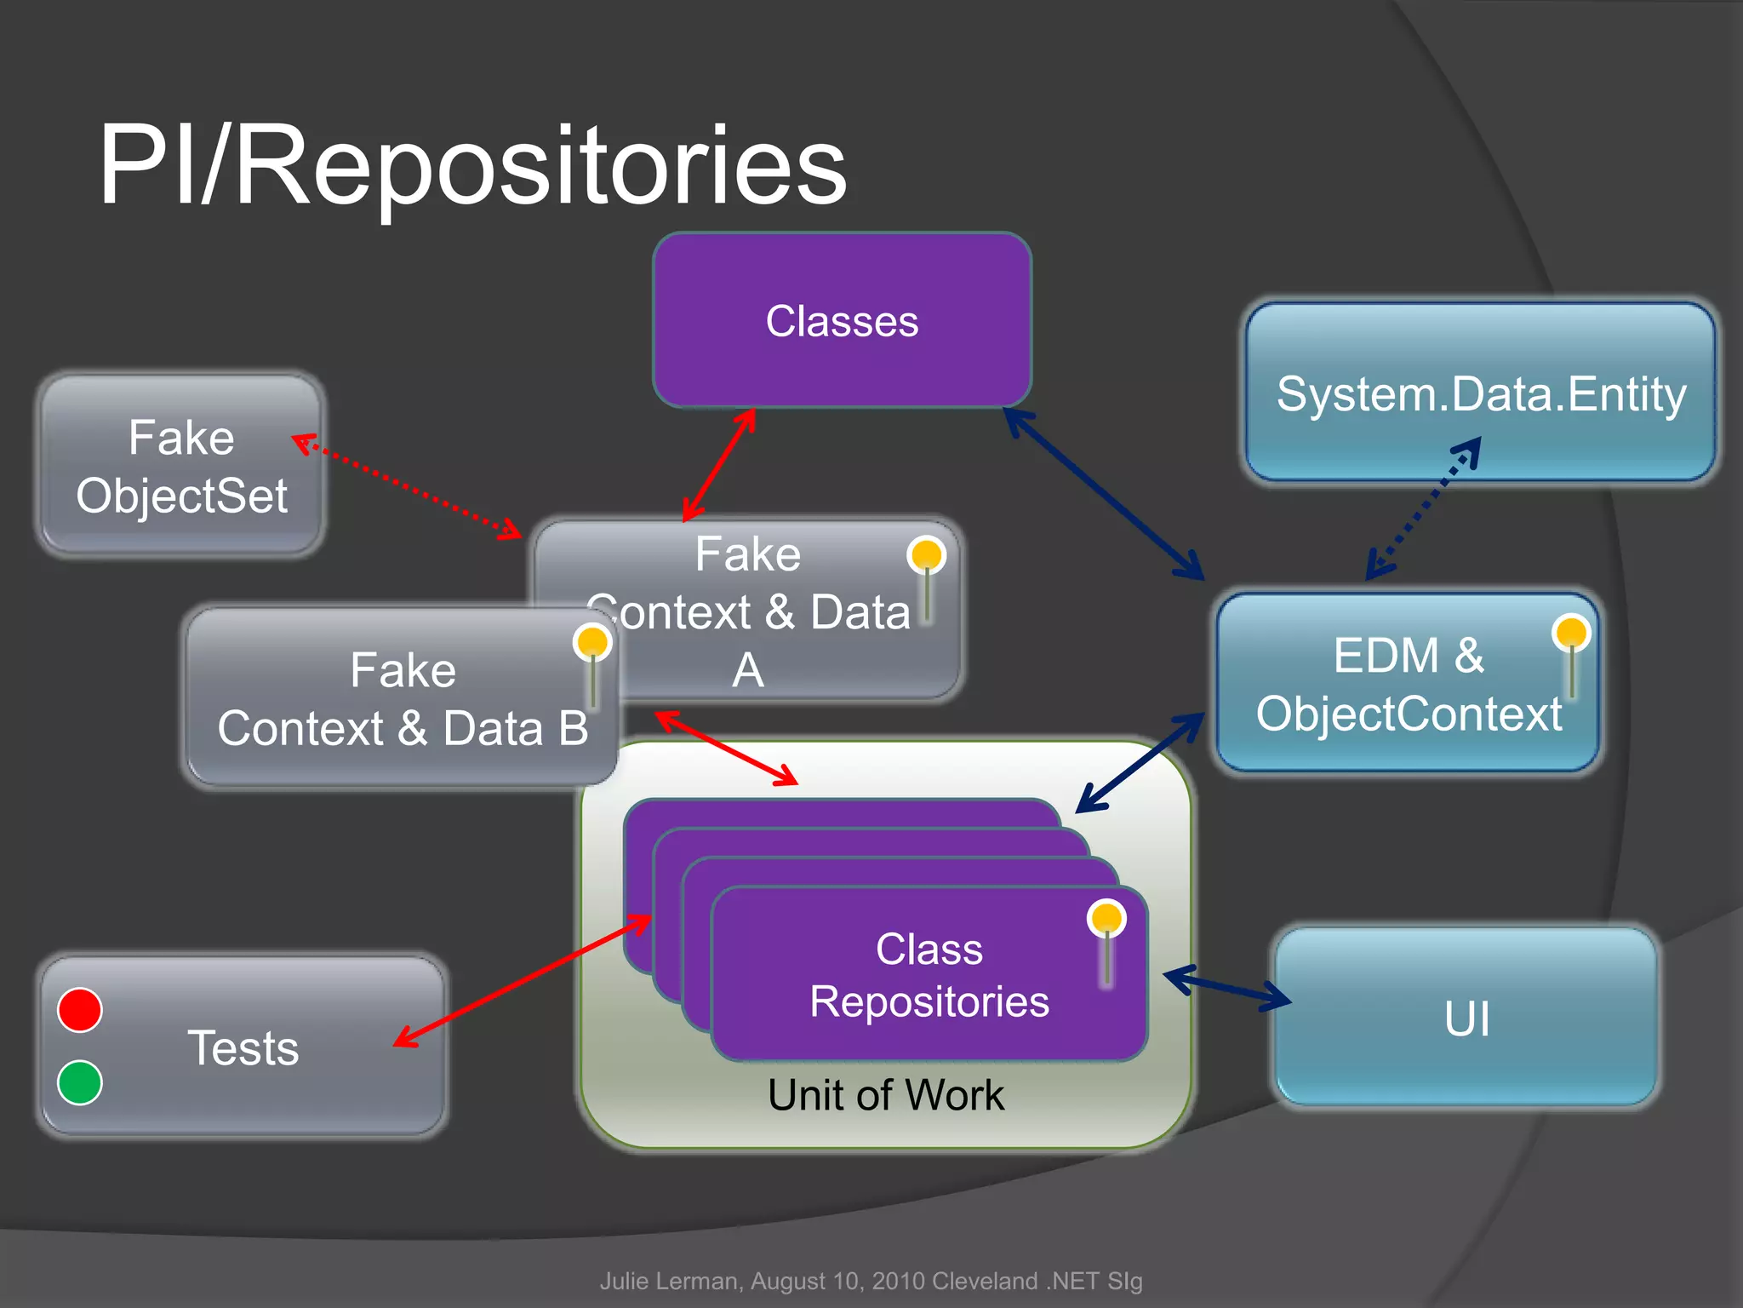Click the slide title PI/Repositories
click(472, 166)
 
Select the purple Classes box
click(842, 320)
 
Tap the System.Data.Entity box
click(1480, 393)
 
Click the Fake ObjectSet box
click(181, 466)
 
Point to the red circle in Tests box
click(80, 1010)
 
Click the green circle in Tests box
click(80, 1082)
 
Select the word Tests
click(243, 1047)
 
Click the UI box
click(1466, 1018)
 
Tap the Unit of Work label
click(885, 1095)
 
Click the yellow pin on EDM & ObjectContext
click(1570, 634)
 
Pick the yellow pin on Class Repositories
click(1106, 919)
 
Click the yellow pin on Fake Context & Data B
click(591, 642)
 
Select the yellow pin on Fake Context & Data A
click(926, 555)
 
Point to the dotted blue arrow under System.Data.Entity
click(1423, 508)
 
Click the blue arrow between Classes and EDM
click(1105, 494)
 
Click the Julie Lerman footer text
click(871, 1281)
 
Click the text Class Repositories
click(929, 975)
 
